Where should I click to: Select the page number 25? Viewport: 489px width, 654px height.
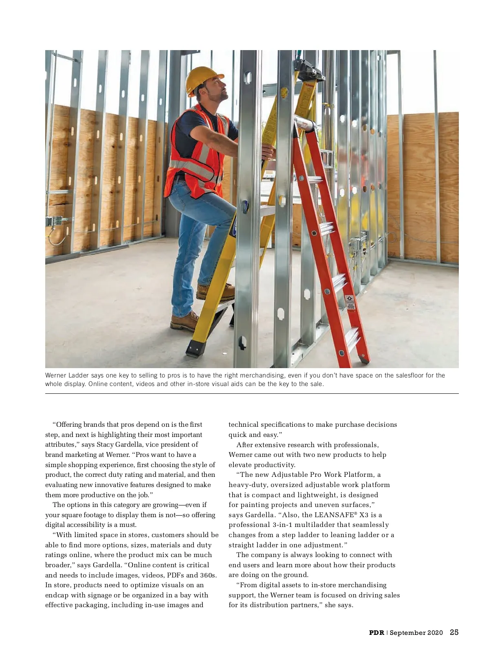point(454,632)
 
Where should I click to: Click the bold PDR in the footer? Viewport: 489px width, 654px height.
point(377,633)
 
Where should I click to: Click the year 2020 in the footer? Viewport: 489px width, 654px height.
point(435,633)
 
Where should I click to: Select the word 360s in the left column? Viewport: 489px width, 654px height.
point(207,575)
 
